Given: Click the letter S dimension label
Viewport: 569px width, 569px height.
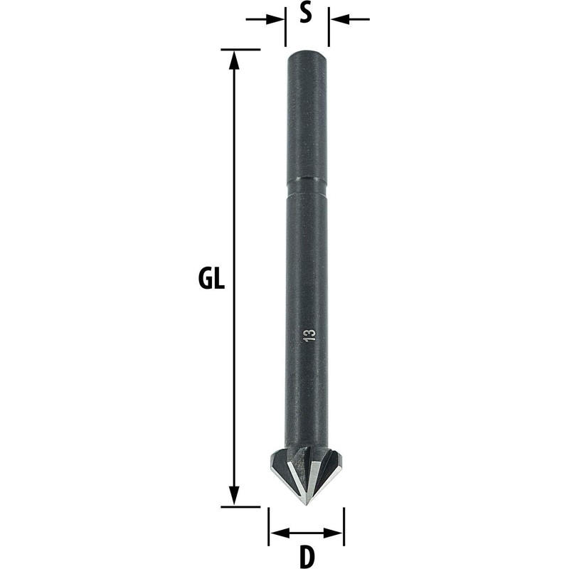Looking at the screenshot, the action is [x=306, y=13].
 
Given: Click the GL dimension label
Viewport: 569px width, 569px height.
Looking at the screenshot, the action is [x=211, y=278].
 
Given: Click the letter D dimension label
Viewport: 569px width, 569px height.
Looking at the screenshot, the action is [x=307, y=558].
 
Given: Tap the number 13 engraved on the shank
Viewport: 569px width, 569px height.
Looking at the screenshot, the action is [x=310, y=335].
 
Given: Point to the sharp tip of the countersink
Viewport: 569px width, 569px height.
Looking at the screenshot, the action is [x=306, y=505].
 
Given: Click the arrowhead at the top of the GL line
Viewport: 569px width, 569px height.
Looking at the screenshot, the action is [x=235, y=59].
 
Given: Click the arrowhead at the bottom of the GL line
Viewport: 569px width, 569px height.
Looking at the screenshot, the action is [x=235, y=496].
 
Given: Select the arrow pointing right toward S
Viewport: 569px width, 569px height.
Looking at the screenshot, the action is [x=265, y=19].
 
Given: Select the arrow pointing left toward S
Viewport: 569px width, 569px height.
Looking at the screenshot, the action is [x=349, y=19].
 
